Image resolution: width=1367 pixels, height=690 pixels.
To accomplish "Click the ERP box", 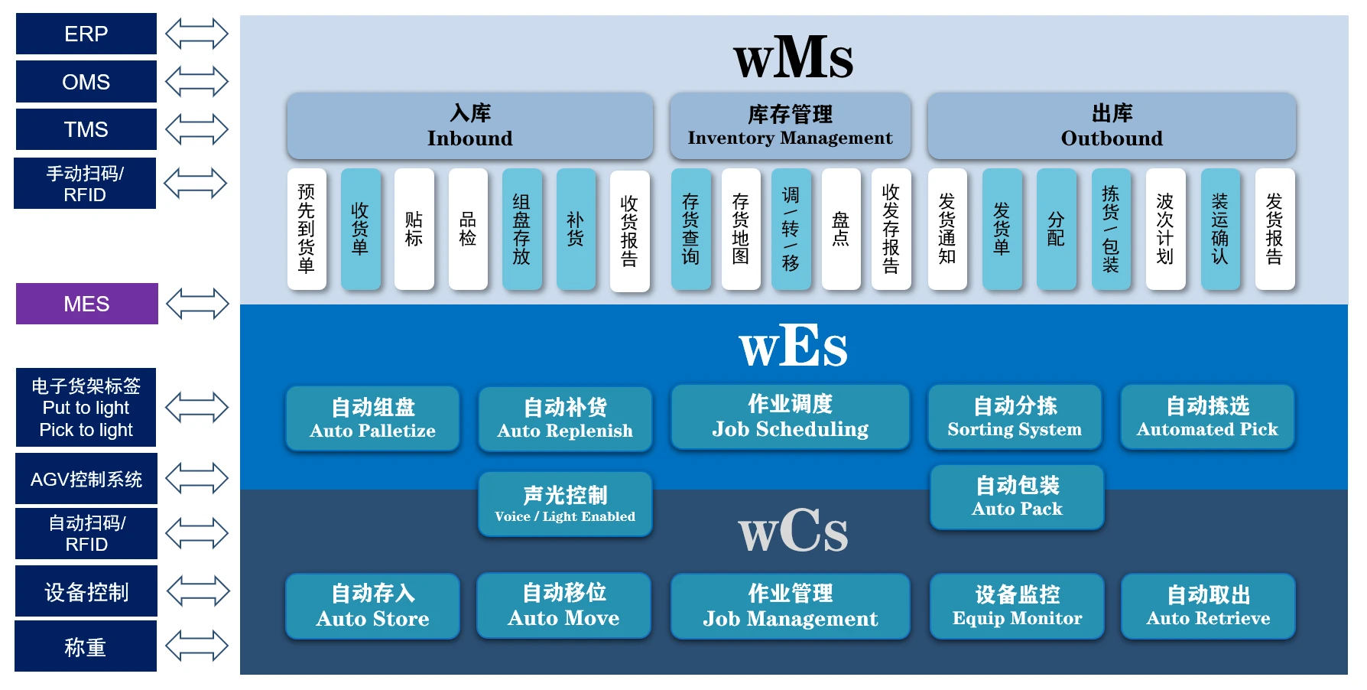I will [x=86, y=34].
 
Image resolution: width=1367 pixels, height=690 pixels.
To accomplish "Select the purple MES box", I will [x=86, y=304].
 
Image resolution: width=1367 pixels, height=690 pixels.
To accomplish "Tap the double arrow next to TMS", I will [x=196, y=129].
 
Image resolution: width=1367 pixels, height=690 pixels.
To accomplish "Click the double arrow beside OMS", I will [x=196, y=82].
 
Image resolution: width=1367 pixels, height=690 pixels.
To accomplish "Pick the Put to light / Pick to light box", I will [x=86, y=408].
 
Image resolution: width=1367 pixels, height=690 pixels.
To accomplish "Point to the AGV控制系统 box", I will [x=86, y=479].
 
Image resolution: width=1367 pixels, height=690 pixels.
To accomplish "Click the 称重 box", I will [x=86, y=647].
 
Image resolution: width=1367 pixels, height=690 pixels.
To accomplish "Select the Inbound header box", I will [x=469, y=126].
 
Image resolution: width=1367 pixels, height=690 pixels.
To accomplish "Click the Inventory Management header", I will [x=790, y=126].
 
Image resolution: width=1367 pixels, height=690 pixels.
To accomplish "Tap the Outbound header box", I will [x=1111, y=126].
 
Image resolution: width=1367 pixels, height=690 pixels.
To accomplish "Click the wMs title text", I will [x=793, y=57].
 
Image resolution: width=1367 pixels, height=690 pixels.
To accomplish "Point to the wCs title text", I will [x=793, y=531].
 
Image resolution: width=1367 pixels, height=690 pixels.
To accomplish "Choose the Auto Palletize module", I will [x=372, y=418].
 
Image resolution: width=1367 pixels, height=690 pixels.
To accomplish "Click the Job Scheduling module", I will [x=790, y=417].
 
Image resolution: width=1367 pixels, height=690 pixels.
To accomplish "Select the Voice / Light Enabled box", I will [x=565, y=504].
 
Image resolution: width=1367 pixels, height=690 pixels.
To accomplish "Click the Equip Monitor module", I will [x=1017, y=606].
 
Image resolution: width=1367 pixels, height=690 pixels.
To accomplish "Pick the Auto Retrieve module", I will [x=1208, y=606].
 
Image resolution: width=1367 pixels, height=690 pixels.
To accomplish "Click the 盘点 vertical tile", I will [x=840, y=229].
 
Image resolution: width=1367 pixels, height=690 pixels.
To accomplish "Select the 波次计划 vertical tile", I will [x=1164, y=229].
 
